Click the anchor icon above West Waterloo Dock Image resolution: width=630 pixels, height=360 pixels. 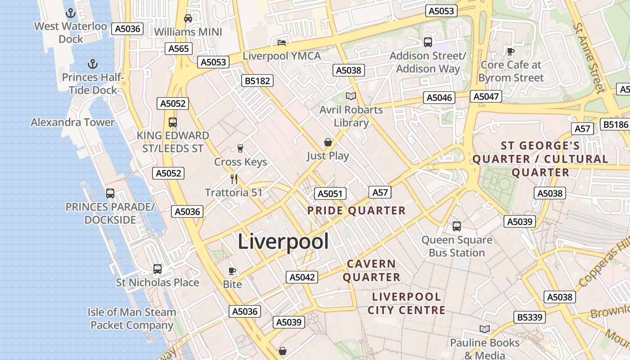(71, 13)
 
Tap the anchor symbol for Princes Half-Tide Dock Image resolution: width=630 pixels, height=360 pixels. (92, 64)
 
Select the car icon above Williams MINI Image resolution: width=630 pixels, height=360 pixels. (188, 18)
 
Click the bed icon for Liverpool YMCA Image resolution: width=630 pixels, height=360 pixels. (282, 43)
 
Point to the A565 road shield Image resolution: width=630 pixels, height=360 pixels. (179, 49)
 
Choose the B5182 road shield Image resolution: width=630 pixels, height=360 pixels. (257, 81)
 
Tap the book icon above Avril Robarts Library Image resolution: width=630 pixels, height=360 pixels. (351, 96)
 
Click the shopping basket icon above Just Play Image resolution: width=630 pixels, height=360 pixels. (328, 142)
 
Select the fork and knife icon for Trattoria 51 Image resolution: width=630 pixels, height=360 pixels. (234, 179)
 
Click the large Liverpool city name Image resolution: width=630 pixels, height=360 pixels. (283, 242)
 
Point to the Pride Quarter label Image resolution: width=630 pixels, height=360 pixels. (356, 211)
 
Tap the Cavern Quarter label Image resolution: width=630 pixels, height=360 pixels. (372, 270)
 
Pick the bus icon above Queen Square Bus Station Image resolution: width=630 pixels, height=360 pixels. (457, 226)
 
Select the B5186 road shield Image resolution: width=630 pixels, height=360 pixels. (615, 125)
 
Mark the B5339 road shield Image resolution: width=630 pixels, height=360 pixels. (530, 317)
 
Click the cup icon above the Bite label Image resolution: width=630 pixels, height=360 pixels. (232, 270)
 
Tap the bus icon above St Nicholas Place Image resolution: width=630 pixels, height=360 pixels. (157, 269)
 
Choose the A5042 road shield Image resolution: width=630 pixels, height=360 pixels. (302, 277)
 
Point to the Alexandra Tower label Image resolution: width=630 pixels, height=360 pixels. (72, 122)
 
